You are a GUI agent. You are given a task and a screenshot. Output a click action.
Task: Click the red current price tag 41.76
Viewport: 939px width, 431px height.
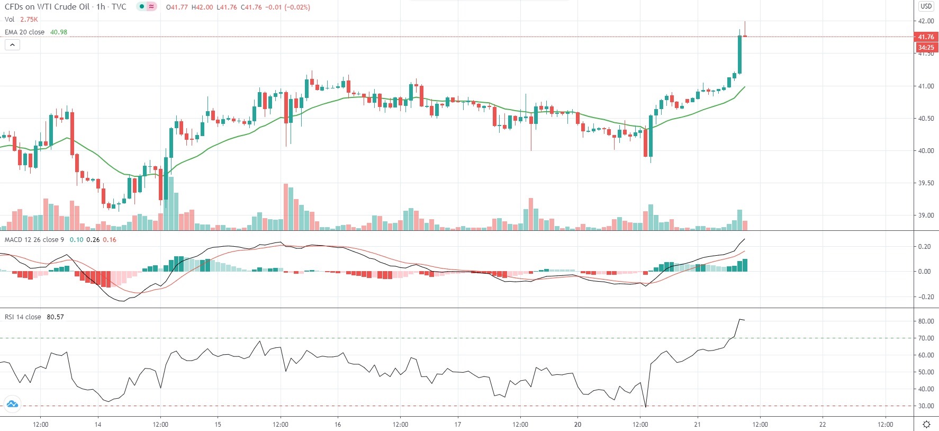926,37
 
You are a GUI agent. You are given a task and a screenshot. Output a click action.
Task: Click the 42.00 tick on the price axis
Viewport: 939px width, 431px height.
926,21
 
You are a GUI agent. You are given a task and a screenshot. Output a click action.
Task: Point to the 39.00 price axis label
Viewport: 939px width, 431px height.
926,215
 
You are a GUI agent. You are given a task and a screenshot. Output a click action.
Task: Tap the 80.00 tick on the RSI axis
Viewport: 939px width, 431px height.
926,321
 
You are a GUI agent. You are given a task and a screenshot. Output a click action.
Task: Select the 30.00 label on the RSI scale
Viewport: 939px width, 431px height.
926,406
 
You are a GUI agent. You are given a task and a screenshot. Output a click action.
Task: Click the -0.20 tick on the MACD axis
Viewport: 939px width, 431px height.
925,297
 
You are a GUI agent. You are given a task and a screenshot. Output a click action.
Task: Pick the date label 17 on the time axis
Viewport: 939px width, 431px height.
458,424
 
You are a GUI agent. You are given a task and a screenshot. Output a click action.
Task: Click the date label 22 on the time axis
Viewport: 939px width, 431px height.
823,424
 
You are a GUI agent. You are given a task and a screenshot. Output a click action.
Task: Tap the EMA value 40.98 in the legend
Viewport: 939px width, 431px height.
59,32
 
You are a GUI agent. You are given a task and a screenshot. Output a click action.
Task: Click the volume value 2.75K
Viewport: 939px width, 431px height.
29,20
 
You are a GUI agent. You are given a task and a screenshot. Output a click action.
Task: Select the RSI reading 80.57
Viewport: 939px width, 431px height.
55,317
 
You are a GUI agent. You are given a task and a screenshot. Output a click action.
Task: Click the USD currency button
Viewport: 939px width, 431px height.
926,6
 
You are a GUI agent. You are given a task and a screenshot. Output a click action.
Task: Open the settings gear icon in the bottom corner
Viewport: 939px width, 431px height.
926,424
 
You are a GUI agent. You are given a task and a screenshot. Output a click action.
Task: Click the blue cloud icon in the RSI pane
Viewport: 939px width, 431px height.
12,405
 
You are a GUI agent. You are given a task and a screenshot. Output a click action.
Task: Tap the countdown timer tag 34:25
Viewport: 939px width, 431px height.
926,48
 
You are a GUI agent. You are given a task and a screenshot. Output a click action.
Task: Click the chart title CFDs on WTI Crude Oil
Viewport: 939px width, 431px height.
47,7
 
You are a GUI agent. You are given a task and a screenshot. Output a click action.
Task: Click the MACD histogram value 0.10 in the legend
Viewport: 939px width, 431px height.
76,240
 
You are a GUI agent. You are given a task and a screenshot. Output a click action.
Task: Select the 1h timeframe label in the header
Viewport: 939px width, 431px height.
101,7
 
